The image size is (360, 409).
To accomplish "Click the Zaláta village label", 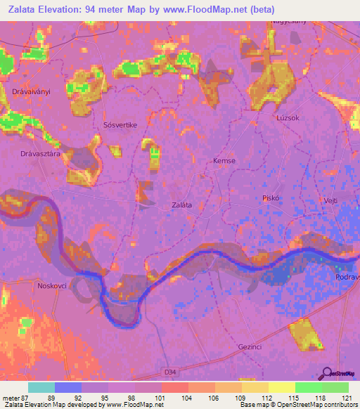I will [x=183, y=205].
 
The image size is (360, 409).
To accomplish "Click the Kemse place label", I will [x=224, y=161].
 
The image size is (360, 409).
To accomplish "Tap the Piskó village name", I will [x=271, y=198].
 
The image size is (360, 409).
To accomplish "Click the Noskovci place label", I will [x=52, y=285].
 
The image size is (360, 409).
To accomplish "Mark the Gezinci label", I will [x=251, y=347].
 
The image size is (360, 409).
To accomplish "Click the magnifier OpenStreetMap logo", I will [x=327, y=374].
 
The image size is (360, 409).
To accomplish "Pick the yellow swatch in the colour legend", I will [x=281, y=387].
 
